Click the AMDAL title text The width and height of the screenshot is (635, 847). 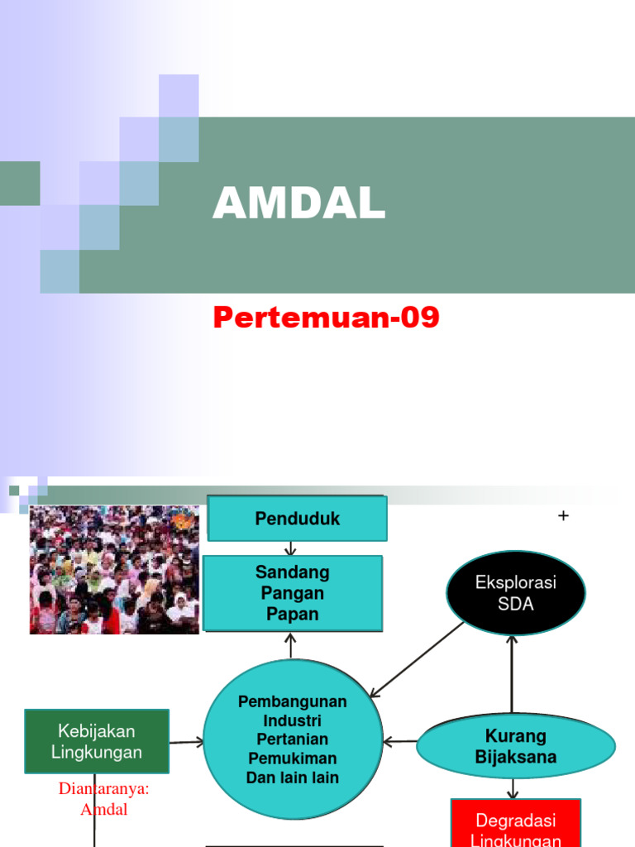click(x=299, y=203)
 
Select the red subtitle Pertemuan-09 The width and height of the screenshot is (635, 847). click(x=326, y=317)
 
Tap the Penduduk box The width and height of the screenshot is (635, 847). click(x=298, y=519)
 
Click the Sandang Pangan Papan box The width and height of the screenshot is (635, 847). click(x=293, y=593)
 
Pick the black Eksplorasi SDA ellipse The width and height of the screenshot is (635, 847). click(x=516, y=593)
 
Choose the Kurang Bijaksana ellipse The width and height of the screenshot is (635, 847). click(x=515, y=746)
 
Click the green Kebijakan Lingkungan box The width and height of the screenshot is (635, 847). click(x=97, y=741)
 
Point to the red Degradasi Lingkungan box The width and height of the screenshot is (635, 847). click(x=516, y=825)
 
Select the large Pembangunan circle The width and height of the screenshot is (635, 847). click(x=293, y=739)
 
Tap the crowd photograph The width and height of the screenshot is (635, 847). click(x=114, y=570)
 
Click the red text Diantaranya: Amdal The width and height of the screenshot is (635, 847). click(x=104, y=799)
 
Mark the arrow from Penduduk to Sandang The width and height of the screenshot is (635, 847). click(x=290, y=548)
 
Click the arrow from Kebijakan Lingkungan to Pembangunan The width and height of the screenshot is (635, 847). click(x=186, y=742)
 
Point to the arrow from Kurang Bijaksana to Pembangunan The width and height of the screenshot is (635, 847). click(x=400, y=742)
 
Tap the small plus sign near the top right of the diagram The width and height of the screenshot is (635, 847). click(x=564, y=516)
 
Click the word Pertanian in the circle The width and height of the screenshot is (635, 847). click(x=293, y=739)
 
